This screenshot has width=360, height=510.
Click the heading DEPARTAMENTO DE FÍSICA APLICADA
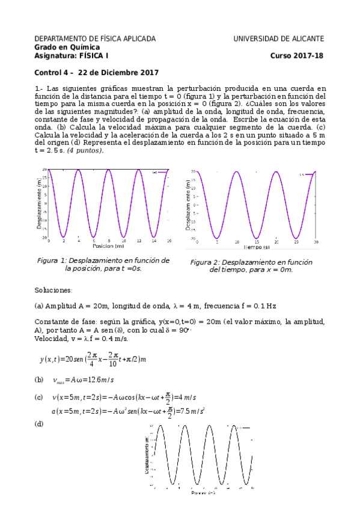pos(95,38)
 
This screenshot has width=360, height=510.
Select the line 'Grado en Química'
pos(67,48)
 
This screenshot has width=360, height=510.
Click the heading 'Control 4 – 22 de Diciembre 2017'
pos(96,73)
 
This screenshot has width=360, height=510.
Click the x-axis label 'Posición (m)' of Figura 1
pos(108,247)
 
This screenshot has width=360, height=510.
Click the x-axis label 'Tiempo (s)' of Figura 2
pos(256,247)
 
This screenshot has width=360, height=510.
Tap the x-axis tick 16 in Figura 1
pos(169,241)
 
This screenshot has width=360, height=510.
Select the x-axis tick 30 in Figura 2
pos(316,242)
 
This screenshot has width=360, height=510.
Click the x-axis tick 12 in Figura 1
pos(139,241)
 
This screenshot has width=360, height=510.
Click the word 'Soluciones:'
pos(53,290)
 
